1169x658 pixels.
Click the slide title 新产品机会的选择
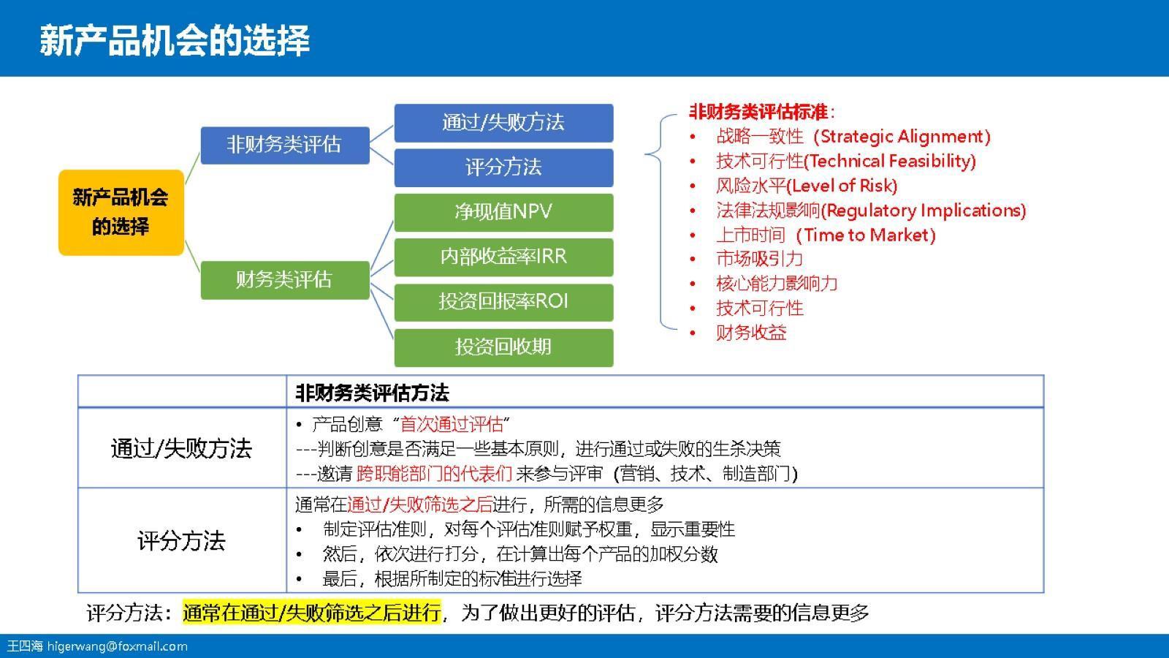175,40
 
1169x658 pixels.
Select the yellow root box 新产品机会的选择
121,212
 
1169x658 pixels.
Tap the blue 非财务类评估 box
284,145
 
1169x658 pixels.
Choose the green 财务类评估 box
284,279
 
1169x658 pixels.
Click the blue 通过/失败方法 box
503,122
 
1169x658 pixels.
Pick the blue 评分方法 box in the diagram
503,167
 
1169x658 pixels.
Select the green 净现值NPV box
503,212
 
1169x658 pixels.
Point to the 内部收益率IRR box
503,257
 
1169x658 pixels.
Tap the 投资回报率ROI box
503,302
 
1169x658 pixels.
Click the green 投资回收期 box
503,347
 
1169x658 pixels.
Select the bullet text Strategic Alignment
903,137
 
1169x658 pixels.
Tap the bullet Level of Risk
842,186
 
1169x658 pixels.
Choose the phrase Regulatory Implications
924,211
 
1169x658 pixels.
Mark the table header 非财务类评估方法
372,393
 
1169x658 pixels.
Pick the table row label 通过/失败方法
181,447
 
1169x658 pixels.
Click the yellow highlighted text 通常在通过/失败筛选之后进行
312,612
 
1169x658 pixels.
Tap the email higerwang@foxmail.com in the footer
117,646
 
